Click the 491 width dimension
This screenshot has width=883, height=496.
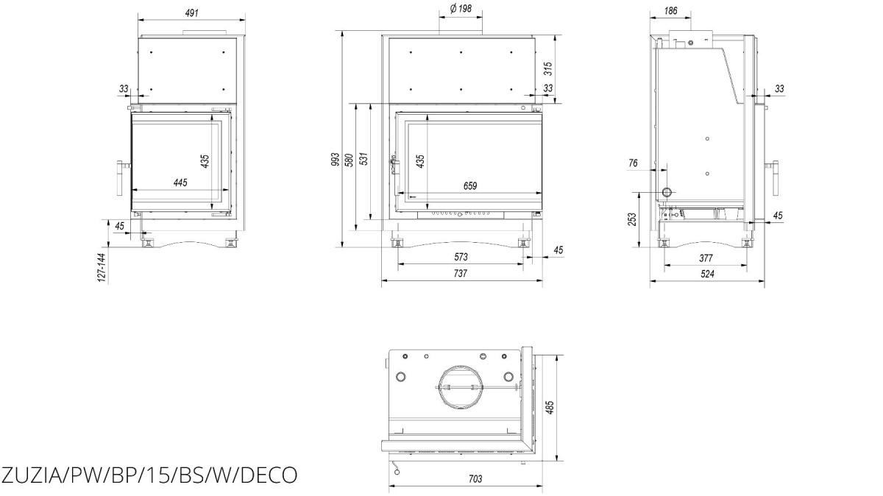pos(191,13)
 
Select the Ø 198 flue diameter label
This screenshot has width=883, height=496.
pos(461,8)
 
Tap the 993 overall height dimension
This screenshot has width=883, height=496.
pos(335,159)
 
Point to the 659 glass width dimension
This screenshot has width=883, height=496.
pos(470,185)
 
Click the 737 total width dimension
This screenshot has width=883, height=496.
pos(460,273)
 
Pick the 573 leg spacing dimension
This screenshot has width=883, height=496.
pos(461,257)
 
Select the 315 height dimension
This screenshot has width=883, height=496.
pos(548,68)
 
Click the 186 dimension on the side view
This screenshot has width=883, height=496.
pos(670,10)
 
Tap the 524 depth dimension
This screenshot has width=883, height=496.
pos(707,274)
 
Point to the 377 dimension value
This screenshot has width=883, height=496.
pos(706,258)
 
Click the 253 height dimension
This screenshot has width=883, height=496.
pos(632,219)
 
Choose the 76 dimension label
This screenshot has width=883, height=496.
pos(633,163)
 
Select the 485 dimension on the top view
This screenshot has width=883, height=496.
pos(550,407)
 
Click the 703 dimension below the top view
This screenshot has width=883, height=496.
pos(475,479)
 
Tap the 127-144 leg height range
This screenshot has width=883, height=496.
pos(102,268)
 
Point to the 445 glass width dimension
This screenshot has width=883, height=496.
pos(180,183)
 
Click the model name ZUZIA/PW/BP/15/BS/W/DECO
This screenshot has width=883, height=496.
pos(149,475)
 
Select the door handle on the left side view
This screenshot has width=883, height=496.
pos(121,179)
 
